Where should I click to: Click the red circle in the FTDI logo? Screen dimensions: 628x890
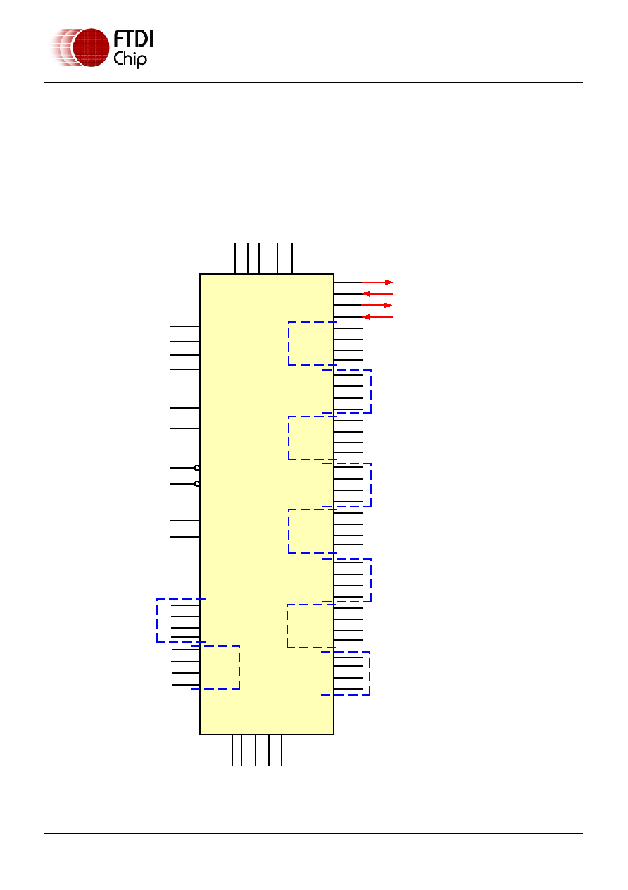point(91,47)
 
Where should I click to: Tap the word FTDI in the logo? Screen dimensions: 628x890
point(133,39)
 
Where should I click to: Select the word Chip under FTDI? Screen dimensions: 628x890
point(130,60)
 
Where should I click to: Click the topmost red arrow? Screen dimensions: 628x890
point(377,283)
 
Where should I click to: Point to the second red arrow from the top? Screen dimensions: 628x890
point(378,294)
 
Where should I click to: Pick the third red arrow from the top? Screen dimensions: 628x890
point(377,305)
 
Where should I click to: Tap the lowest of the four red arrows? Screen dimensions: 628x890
point(378,317)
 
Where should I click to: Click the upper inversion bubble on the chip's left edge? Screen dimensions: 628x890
point(197,468)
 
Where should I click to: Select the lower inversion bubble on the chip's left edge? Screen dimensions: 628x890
point(197,483)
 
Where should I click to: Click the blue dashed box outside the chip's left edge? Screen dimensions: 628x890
point(157,620)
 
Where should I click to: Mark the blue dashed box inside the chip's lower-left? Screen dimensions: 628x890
point(239,667)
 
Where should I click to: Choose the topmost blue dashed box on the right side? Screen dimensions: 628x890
point(289,343)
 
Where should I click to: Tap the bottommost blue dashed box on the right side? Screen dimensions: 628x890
point(370,673)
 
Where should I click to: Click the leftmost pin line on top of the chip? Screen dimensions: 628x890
point(235,259)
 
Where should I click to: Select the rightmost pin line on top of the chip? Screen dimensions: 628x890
point(292,259)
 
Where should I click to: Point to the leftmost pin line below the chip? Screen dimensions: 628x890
point(232,750)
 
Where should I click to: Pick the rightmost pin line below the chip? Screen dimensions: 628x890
point(282,750)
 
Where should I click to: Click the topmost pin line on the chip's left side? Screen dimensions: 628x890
point(184,326)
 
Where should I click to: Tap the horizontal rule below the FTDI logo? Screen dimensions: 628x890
point(313,82)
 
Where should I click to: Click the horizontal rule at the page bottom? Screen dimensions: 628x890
point(313,834)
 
